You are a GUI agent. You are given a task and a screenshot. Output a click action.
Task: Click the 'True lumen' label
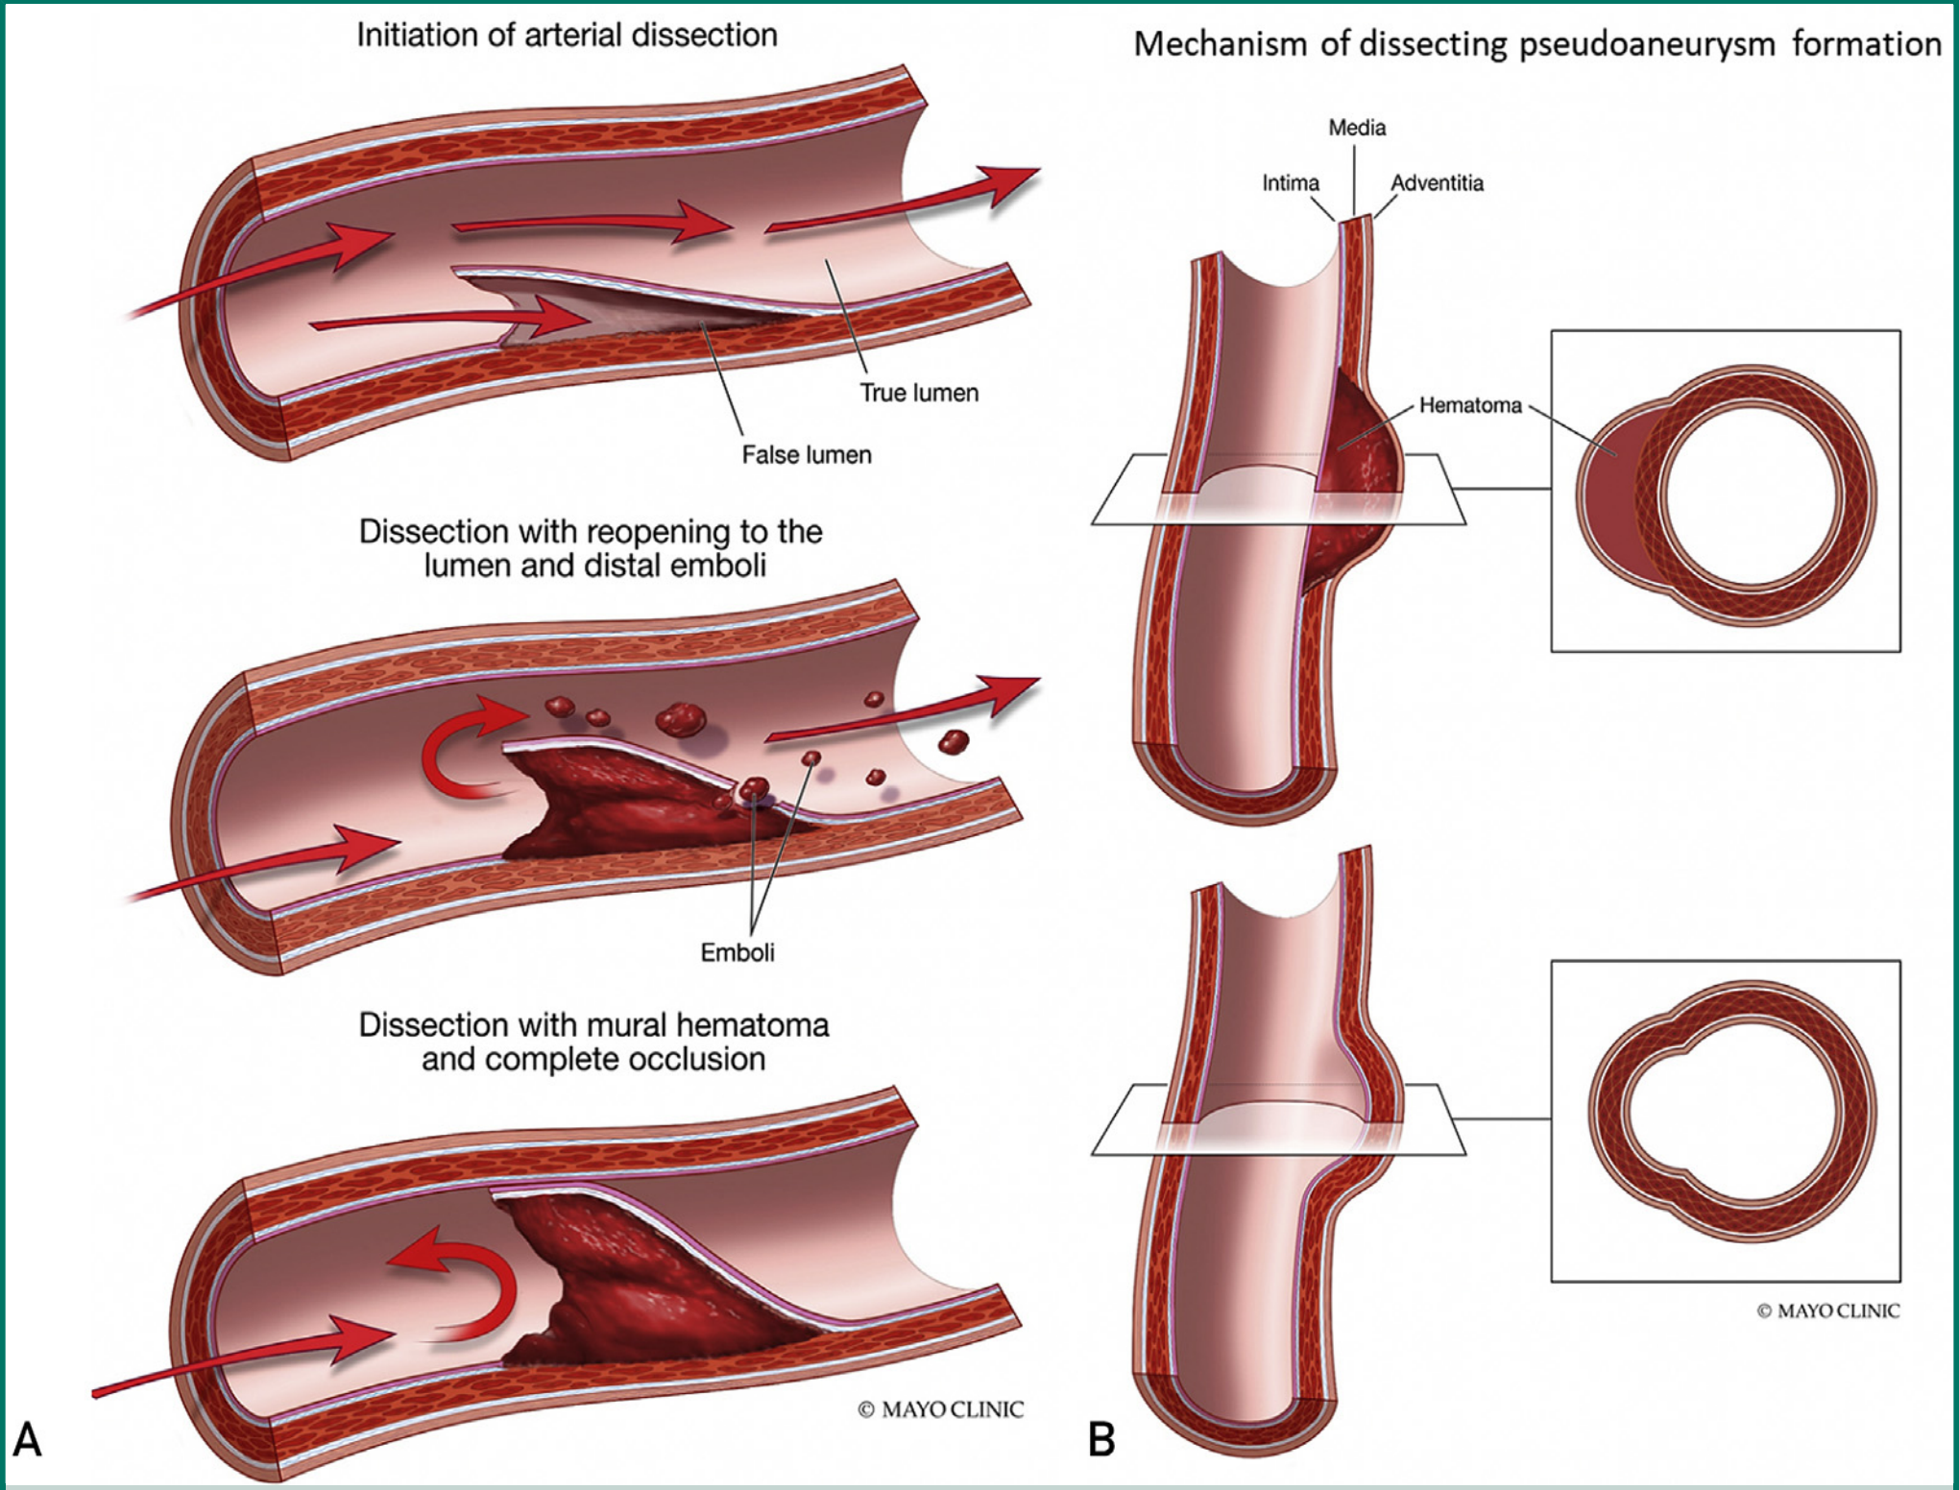pos(919,393)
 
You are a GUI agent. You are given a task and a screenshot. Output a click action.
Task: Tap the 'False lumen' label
pos(807,454)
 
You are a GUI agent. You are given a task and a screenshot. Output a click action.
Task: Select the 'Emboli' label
pos(738,952)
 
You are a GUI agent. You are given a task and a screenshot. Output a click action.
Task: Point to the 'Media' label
pos(1357,128)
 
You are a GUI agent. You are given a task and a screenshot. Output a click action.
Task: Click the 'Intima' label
pos(1291,182)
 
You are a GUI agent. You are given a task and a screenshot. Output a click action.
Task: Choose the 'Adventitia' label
pos(1438,182)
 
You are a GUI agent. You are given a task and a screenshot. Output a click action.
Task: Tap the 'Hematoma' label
pos(1470,405)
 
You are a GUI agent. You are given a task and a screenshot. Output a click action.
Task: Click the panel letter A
pos(27,1439)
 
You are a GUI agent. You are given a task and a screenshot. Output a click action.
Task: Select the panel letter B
pos(1101,1439)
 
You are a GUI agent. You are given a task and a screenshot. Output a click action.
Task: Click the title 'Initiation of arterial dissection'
pos(567,35)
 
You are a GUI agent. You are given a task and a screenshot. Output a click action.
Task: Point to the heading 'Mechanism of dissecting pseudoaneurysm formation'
pos(1537,44)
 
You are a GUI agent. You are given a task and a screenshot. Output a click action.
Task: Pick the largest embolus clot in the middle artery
pos(680,718)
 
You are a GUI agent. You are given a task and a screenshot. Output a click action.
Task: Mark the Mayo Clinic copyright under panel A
pos(940,1409)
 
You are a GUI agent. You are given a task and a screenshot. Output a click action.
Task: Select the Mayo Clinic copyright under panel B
pos(1827,1310)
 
